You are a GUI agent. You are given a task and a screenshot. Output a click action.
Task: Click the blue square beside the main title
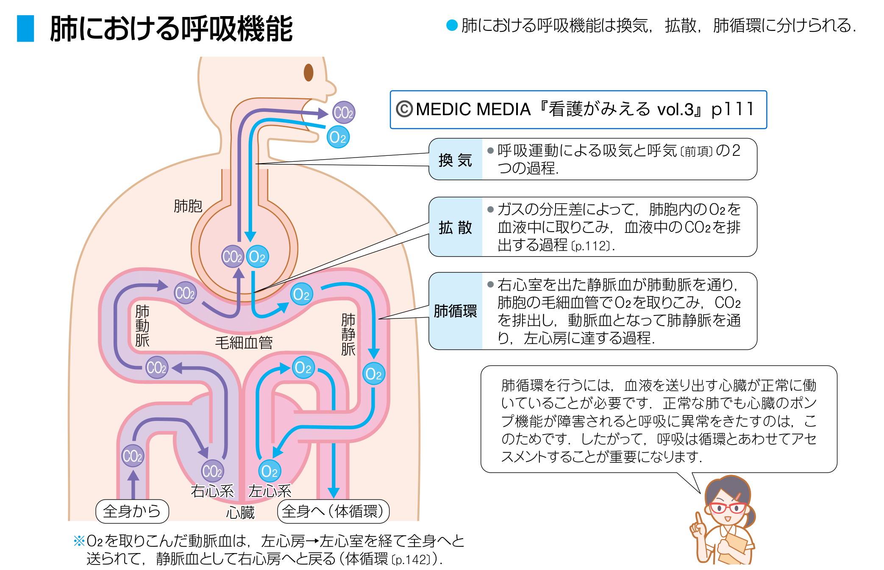(25, 28)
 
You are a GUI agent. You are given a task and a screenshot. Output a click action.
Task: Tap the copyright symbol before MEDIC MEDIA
(404, 109)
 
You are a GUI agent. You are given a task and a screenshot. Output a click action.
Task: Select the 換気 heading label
(455, 160)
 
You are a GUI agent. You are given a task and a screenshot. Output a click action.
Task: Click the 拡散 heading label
(455, 227)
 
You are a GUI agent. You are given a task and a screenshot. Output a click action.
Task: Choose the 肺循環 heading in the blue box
(455, 311)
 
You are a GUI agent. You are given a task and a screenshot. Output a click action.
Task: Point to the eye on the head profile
(309, 72)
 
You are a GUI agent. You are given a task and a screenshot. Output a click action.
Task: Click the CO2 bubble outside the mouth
(343, 113)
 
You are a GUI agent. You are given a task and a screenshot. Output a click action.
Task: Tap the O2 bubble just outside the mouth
(338, 137)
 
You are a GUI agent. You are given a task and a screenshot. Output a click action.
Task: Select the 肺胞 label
(188, 206)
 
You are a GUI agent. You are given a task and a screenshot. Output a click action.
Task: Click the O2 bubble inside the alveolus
(257, 257)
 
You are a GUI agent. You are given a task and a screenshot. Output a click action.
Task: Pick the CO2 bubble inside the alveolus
(233, 257)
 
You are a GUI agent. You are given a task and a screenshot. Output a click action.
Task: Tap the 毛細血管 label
(244, 343)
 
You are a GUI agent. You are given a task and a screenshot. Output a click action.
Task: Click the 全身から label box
(132, 511)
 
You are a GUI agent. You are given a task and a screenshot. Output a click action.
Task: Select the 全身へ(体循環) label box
(333, 511)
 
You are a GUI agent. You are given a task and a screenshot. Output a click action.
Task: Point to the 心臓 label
(240, 513)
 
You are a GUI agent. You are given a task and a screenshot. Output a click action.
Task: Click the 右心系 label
(212, 491)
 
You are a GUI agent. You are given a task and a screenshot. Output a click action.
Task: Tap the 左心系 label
(270, 491)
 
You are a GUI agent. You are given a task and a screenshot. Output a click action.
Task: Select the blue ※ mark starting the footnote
(79, 541)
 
